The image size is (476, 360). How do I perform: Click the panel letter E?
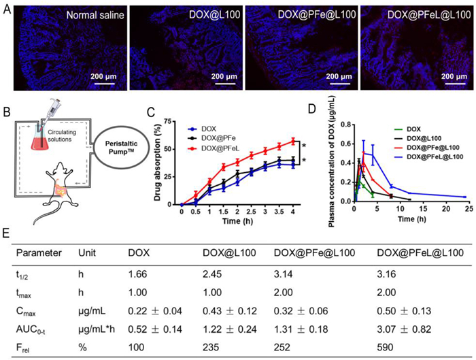click(x=6, y=232)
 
